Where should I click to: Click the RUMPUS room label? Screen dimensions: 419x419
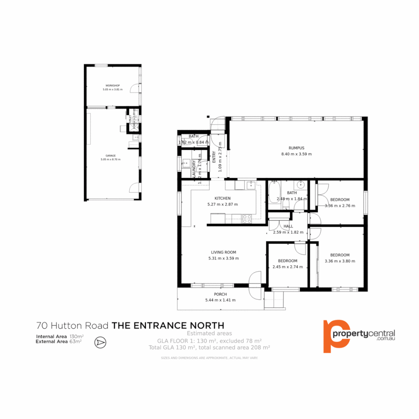pyautogui.click(x=296, y=148)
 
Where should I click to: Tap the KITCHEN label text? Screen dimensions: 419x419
pyautogui.click(x=222, y=198)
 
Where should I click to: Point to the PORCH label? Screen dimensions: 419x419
pyautogui.click(x=220, y=294)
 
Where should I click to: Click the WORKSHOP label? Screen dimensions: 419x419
pyautogui.click(x=113, y=85)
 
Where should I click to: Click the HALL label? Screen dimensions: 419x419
pyautogui.click(x=288, y=226)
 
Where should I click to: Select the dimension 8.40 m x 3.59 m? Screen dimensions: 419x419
pyautogui.click(x=296, y=154)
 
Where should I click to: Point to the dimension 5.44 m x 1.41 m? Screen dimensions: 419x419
pyautogui.click(x=220, y=300)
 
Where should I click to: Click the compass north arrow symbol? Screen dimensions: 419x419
pyautogui.click(x=100, y=342)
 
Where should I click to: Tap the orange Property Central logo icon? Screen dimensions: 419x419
pyautogui.click(x=334, y=336)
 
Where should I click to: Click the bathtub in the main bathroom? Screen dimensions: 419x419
pyautogui.click(x=274, y=196)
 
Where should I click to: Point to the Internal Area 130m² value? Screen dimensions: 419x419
pyautogui.click(x=76, y=336)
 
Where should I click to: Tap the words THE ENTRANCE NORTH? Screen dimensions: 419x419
pyautogui.click(x=168, y=326)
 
